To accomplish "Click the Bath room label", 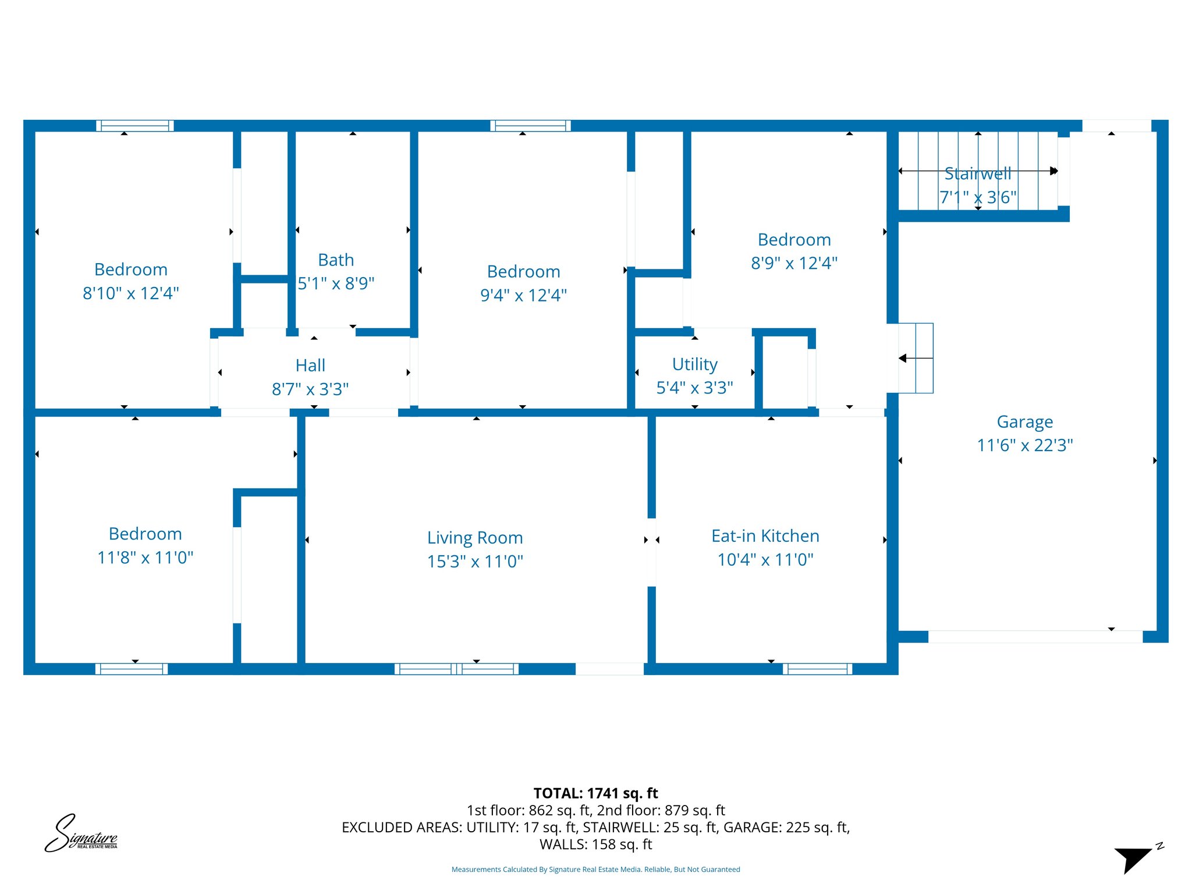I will (x=336, y=260).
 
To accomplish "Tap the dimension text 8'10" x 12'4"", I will (x=131, y=293).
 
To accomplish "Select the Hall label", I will (x=310, y=366).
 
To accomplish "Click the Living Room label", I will (x=475, y=538).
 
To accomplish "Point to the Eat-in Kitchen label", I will (x=765, y=536).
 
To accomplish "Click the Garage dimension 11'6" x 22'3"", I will (x=1024, y=445).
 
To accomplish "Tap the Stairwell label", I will (x=977, y=174).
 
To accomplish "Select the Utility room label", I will (x=694, y=364).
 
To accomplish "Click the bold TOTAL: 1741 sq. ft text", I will (x=595, y=793).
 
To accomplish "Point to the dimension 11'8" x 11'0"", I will (x=145, y=558).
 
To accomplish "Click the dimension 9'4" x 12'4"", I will (x=523, y=296).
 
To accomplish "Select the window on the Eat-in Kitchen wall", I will (x=817, y=669).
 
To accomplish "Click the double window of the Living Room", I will (x=456, y=669).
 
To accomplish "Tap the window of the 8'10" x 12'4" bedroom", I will (x=135, y=126).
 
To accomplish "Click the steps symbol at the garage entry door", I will (x=916, y=358).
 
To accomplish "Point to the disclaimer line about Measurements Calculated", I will (x=595, y=870).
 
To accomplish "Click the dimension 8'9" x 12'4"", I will (x=794, y=264).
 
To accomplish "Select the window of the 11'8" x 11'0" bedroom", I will (x=132, y=669).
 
